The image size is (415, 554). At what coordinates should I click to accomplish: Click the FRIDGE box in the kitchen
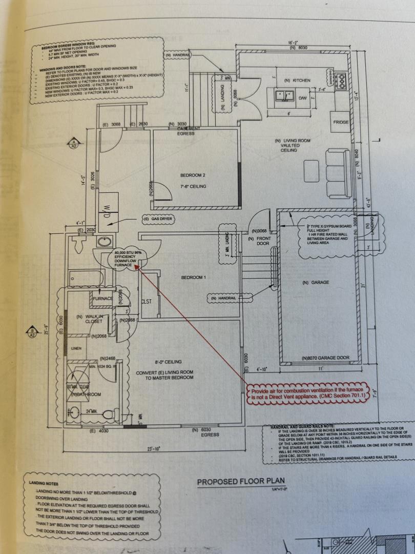coord(341,123)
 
